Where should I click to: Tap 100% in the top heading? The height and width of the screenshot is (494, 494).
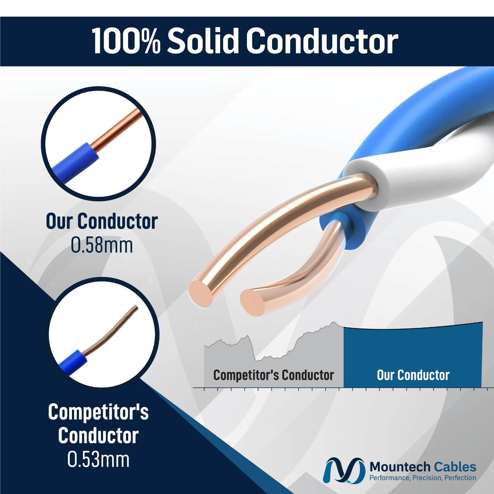(126, 41)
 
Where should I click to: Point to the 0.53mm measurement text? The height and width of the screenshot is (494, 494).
(98, 459)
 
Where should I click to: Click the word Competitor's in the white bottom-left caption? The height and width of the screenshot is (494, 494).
(98, 412)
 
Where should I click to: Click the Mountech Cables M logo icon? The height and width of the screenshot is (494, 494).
(342, 471)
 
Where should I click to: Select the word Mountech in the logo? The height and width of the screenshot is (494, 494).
(400, 467)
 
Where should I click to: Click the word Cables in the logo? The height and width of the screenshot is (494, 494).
(455, 467)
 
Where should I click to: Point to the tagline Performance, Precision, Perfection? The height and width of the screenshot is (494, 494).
(423, 478)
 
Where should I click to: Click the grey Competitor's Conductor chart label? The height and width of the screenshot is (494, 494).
(274, 375)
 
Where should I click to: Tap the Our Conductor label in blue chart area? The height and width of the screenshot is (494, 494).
(413, 375)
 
